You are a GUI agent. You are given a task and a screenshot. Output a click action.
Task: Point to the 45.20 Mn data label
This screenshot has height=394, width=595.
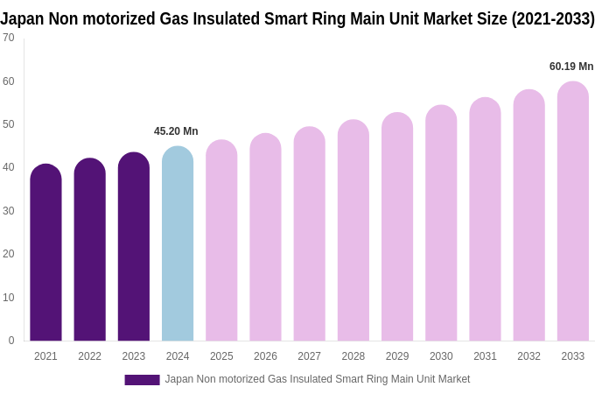(x=176, y=131)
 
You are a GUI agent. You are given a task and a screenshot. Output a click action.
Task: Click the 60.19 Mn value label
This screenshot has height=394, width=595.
(x=571, y=67)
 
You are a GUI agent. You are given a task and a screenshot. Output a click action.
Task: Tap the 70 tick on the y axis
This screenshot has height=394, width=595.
(x=9, y=38)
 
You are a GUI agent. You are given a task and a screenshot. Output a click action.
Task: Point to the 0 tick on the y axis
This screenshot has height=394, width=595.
(x=11, y=341)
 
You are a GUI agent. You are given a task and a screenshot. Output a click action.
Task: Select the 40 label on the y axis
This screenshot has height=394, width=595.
(x=9, y=167)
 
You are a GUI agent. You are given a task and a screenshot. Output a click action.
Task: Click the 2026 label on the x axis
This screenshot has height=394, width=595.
(x=265, y=356)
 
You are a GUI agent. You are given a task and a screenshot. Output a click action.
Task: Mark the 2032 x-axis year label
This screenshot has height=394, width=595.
(x=528, y=356)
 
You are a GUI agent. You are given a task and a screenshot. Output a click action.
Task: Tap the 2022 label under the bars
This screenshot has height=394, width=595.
(x=89, y=356)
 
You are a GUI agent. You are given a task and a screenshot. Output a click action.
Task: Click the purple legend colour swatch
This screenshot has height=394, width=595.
(x=142, y=380)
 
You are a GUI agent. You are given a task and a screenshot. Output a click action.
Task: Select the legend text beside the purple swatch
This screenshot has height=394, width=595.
(x=318, y=379)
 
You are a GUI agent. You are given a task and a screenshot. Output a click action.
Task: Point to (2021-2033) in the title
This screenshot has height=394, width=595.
(x=553, y=18)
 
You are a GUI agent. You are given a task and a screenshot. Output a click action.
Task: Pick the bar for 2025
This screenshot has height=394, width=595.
(x=221, y=240)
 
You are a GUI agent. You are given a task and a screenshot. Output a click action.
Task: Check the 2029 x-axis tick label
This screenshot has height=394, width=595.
(x=397, y=356)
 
